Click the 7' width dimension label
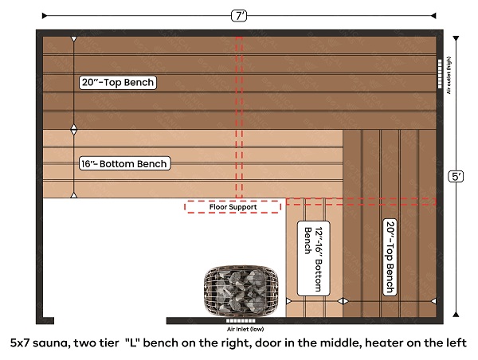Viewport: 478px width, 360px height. [x=239, y=16]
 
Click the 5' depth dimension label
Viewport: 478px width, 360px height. [x=456, y=177]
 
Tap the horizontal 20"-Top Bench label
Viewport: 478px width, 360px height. [x=118, y=83]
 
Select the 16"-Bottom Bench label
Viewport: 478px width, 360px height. [x=125, y=164]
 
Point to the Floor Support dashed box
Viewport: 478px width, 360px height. [x=233, y=207]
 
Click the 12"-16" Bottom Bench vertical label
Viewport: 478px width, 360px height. [x=313, y=258]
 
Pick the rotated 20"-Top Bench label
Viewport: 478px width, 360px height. [x=390, y=257]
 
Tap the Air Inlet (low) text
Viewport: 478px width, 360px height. [x=245, y=329]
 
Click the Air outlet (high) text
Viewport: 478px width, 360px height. [x=449, y=76]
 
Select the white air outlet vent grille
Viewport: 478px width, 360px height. [x=440, y=74]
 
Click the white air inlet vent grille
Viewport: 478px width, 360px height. [x=241, y=321]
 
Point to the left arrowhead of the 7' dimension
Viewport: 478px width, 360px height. [x=45, y=16]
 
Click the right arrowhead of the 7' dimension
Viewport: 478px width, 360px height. [x=433, y=16]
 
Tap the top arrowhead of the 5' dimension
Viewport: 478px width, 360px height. [x=456, y=38]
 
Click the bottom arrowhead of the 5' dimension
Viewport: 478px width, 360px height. [x=456, y=315]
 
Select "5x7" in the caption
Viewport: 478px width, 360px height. [x=20, y=343]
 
